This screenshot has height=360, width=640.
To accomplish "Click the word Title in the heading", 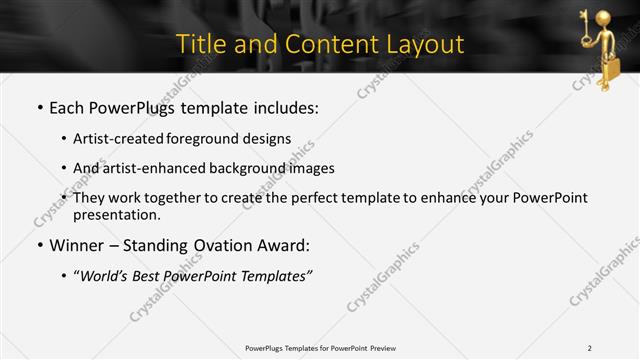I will (199, 44).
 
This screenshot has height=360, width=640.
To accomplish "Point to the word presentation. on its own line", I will (117, 215).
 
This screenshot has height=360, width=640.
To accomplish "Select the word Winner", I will (77, 246).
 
